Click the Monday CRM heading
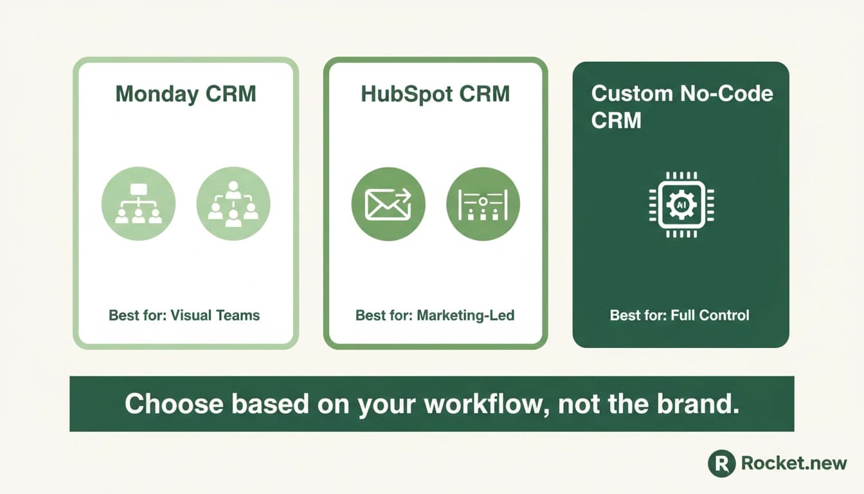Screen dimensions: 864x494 [186, 95]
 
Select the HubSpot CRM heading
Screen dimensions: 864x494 [435, 95]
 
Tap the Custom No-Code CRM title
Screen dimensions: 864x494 [682, 107]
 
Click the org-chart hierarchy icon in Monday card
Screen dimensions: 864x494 [138, 203]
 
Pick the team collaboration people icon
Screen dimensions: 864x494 [233, 203]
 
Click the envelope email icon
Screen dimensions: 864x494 [388, 204]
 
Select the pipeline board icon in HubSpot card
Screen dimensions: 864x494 [483, 204]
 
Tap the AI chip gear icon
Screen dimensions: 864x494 [681, 205]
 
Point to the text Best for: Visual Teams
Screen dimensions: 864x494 [184, 315]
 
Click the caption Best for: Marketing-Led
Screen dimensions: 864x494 [435, 315]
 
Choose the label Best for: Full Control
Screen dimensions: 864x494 [679, 315]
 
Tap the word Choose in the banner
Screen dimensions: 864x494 [174, 404]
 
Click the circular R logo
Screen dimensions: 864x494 [722, 463]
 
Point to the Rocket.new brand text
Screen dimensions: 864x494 [794, 463]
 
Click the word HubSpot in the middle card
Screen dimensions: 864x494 [406, 95]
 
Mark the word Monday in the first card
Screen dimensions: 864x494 [156, 95]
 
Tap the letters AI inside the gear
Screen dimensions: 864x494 [681, 205]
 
